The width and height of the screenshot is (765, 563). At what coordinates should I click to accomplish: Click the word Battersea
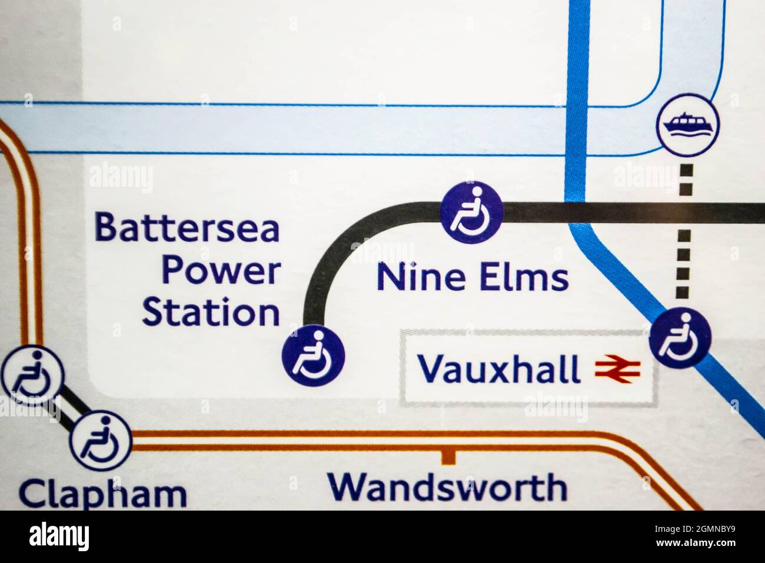(x=187, y=228)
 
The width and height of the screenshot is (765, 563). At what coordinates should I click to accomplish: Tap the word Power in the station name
(x=221, y=271)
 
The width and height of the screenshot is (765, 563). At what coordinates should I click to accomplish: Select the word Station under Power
(x=211, y=313)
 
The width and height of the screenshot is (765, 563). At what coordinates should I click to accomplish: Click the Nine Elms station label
(x=473, y=277)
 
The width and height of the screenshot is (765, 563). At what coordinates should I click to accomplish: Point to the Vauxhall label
(x=498, y=369)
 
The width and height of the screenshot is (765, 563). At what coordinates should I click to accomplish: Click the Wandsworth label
(x=447, y=488)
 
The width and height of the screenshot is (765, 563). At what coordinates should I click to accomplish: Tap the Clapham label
(x=103, y=494)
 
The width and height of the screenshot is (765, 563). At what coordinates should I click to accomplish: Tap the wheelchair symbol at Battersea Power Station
(x=313, y=355)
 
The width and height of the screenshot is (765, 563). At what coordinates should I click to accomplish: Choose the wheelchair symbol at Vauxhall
(x=680, y=337)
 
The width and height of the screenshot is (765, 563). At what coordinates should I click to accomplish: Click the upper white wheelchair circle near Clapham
(x=31, y=376)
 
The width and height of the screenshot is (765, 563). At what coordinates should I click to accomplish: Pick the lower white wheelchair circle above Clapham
(x=101, y=441)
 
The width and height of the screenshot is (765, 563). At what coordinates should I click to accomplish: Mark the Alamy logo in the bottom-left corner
(x=59, y=536)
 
